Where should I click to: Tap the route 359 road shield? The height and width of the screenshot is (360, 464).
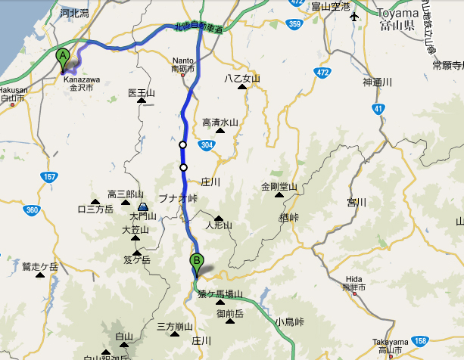coord(295,25)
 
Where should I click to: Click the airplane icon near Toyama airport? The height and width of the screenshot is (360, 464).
coord(353,17)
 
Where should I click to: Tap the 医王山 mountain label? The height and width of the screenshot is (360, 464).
coord(142,93)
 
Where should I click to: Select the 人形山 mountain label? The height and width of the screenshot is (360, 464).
coord(219,225)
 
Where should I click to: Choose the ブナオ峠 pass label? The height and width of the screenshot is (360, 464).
coord(177,197)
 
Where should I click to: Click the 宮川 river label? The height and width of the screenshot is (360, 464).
coord(356,202)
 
